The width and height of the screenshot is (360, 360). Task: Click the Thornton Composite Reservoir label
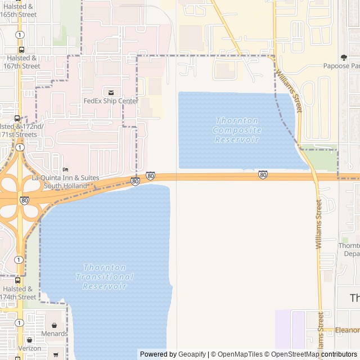pos(237,130)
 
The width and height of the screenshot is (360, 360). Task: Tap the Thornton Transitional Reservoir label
pos(105,277)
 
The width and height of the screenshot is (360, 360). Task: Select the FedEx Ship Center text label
pos(111,101)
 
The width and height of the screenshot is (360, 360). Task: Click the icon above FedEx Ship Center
pos(111,92)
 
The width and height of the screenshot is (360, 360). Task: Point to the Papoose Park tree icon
pos(344,57)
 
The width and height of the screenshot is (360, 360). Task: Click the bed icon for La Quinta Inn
pos(65,169)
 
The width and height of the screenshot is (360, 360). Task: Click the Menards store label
pos(54,334)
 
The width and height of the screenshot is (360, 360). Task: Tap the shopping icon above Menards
pos(55,325)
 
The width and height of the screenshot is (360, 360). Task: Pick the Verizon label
pos(29,348)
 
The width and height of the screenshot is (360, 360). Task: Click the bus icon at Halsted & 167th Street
pos(21,49)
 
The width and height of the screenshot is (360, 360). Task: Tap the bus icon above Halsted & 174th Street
pos(17,280)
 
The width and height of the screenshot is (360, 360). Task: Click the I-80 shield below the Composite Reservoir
pos(263,174)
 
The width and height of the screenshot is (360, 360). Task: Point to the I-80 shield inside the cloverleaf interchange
pos(24,200)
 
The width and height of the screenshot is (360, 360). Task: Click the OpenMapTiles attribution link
pos(239,354)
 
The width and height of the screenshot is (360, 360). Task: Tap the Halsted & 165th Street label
pos(19,10)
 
